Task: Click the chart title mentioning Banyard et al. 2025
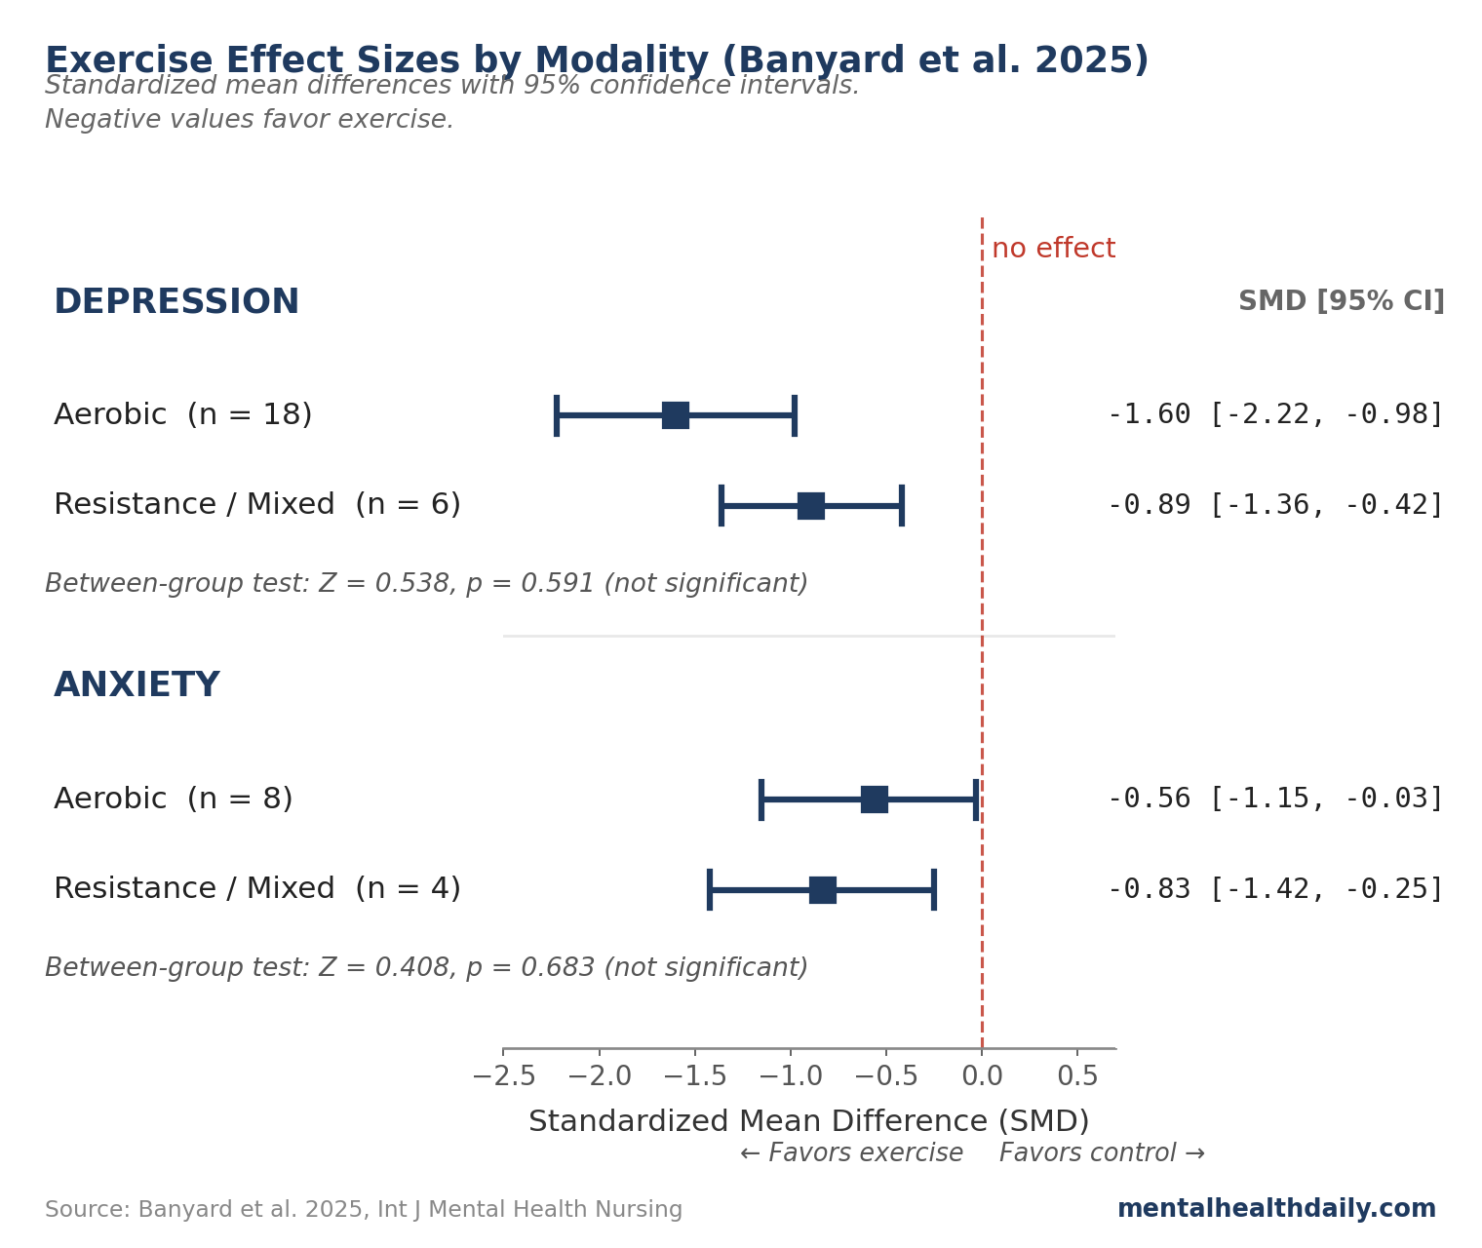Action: coord(596,60)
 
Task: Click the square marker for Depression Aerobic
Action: coord(676,415)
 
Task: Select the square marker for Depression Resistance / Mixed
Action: coord(811,506)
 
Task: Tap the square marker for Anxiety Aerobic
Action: coord(875,799)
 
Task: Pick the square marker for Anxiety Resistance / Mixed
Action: coord(823,890)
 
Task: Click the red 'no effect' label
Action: coord(1053,250)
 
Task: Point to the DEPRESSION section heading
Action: coord(176,302)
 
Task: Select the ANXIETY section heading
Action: coord(136,685)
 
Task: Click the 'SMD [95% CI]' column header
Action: coord(1341,302)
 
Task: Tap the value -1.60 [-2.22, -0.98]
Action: coord(1274,415)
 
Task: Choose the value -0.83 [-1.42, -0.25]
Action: coord(1274,890)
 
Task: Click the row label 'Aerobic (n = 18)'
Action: coord(183,415)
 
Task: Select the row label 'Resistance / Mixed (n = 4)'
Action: coord(257,890)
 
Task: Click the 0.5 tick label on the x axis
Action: coord(1077,1076)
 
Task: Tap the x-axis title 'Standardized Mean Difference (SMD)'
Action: coord(808,1122)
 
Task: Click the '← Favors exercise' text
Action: coord(851,1154)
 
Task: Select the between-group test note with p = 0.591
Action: coord(426,585)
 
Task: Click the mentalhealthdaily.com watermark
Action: coord(1276,1210)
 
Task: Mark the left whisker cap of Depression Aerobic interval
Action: coord(557,415)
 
